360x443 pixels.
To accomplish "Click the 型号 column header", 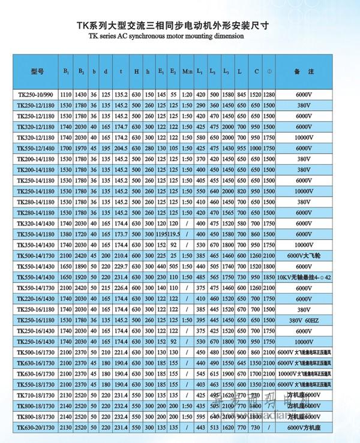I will (37, 71).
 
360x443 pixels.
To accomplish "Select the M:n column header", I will (187, 71).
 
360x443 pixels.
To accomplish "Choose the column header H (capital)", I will (136, 71).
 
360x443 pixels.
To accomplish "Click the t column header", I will (121, 71).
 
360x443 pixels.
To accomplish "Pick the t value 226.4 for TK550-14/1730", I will (121, 287).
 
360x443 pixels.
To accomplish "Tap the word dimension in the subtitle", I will (228, 36).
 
